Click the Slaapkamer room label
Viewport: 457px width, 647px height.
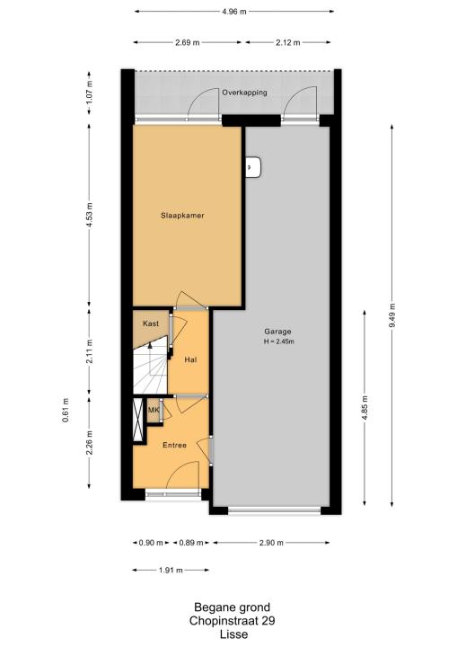tap(182, 216)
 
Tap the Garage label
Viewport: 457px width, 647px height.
tap(277, 332)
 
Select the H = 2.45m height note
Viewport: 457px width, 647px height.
tap(279, 341)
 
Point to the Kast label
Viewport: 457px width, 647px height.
tap(151, 323)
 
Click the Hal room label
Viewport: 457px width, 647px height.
tap(190, 359)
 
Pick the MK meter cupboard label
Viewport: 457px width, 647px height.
tap(154, 410)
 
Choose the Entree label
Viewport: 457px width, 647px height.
tap(174, 445)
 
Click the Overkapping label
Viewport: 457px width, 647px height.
tap(244, 93)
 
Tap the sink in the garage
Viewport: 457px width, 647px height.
tap(253, 167)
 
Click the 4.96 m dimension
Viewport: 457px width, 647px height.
tap(233, 12)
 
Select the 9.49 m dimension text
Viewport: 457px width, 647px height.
tap(391, 315)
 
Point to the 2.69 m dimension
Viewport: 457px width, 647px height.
tap(188, 42)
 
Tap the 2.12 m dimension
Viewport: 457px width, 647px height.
tap(288, 42)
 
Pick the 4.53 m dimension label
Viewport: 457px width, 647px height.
tap(90, 217)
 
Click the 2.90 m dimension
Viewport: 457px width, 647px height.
tap(271, 543)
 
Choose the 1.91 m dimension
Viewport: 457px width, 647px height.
tap(171, 571)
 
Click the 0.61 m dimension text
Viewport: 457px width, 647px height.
tap(66, 410)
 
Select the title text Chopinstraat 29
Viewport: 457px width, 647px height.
tap(233, 621)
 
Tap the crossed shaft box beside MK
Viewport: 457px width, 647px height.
tap(137, 420)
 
